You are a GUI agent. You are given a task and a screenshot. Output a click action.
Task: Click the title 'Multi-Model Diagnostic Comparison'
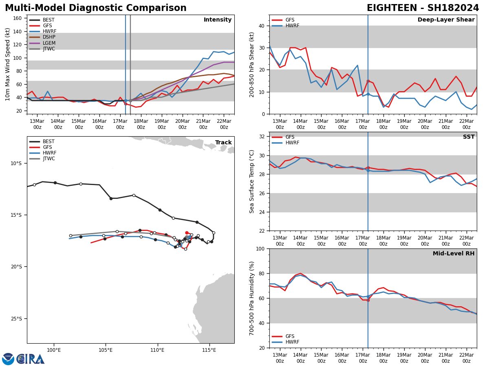tap(96, 8)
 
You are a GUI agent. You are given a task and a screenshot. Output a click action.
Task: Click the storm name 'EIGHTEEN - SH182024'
tap(423, 8)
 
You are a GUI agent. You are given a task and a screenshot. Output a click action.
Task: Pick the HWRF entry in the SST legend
tap(292, 143)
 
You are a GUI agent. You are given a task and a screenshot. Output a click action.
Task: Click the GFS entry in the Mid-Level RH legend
tap(290, 336)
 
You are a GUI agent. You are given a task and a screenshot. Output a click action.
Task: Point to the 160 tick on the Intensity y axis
tap(18, 18)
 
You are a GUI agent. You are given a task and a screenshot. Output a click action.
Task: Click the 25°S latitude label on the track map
tap(16, 319)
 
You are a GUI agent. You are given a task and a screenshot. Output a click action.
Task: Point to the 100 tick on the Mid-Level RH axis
tap(259, 248)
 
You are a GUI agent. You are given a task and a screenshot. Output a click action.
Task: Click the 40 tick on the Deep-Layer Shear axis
tap(261, 26)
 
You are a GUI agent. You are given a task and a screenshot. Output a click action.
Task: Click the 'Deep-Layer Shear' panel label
tap(446, 20)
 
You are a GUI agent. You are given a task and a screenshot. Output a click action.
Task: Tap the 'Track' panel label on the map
tap(223, 143)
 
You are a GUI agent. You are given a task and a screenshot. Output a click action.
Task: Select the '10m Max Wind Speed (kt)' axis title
tap(8, 64)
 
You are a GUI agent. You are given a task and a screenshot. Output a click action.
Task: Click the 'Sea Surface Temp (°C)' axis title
tap(252, 181)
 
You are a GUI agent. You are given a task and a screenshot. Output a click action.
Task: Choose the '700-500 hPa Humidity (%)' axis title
tap(252, 298)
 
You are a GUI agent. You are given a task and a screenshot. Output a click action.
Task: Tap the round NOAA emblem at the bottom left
tap(8, 359)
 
